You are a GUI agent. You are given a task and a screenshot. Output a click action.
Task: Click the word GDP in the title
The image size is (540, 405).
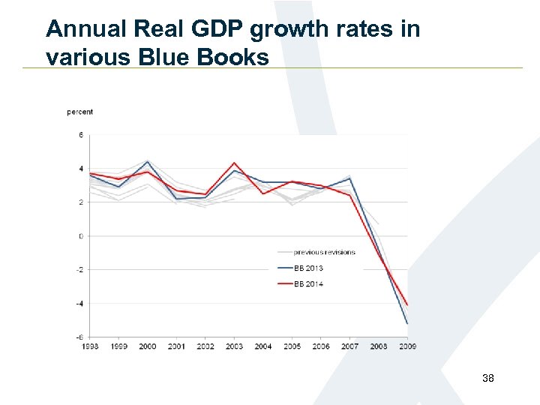point(219,30)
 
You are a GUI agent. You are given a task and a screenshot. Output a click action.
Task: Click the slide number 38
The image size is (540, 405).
point(487,379)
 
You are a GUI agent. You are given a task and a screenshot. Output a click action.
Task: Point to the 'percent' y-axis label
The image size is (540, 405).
point(80,112)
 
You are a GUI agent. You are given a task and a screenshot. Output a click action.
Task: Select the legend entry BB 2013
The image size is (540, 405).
point(308,268)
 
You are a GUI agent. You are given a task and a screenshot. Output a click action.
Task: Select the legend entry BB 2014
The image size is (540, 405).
point(308,284)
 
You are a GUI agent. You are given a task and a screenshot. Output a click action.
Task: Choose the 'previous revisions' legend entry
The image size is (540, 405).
point(324,252)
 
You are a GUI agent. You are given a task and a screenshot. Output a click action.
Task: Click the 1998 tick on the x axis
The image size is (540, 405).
point(90,346)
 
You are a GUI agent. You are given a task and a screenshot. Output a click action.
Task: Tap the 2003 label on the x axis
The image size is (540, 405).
point(235,346)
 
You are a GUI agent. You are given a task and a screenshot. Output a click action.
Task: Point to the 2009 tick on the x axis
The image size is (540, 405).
point(407,346)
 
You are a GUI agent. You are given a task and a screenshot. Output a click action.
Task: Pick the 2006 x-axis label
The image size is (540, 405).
point(321,346)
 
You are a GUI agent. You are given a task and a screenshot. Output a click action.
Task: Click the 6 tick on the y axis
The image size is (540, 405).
point(81,136)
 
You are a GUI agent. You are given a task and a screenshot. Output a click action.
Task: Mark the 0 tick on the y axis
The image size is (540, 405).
point(81,236)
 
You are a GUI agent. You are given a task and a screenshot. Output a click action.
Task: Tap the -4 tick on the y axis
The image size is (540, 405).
point(80,304)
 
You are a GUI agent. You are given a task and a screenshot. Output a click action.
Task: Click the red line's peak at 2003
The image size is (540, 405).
point(235,163)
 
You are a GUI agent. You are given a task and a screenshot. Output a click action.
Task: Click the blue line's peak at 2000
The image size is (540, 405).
point(148,161)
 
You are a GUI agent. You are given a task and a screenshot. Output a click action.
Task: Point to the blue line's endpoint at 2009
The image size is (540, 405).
point(407,323)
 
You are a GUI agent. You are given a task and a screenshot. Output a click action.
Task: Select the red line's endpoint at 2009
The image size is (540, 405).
point(407,304)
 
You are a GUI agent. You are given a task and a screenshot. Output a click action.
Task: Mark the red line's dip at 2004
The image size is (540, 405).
point(263,193)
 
